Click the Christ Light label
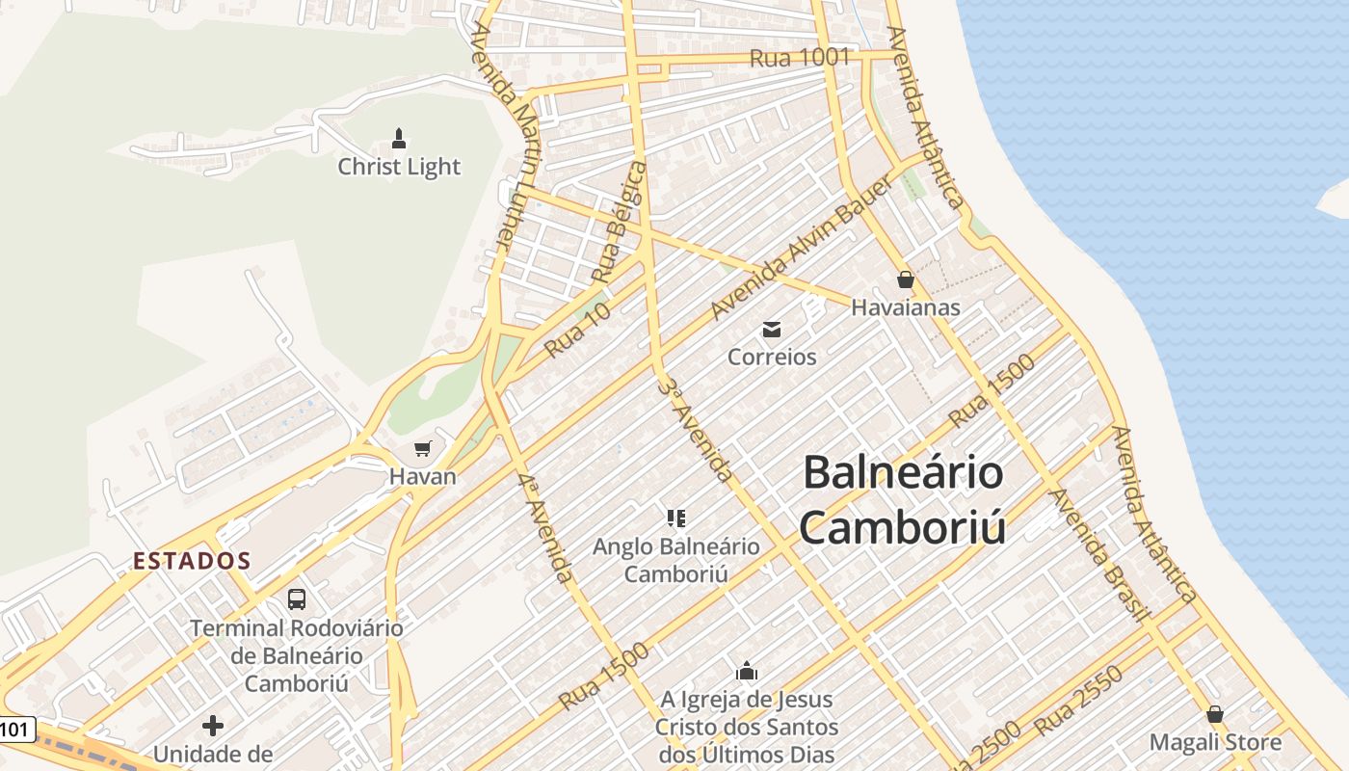pyautogui.click(x=399, y=167)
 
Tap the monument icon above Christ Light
pyautogui.click(x=399, y=139)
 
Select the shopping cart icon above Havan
pyautogui.click(x=422, y=448)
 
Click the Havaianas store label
pyautogui.click(x=906, y=307)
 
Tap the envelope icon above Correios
pyautogui.click(x=772, y=330)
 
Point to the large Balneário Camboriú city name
pyautogui.click(x=903, y=500)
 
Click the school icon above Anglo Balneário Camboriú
pyautogui.click(x=676, y=518)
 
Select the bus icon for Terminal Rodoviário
pyautogui.click(x=297, y=599)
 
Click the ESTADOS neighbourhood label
pyautogui.click(x=192, y=561)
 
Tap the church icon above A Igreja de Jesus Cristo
pyautogui.click(x=747, y=671)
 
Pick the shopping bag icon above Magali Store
pyautogui.click(x=1215, y=714)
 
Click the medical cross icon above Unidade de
pyautogui.click(x=213, y=725)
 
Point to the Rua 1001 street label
pyautogui.click(x=800, y=58)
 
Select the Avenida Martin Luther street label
pyautogui.click(x=505, y=135)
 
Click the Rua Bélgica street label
pyautogui.click(x=619, y=223)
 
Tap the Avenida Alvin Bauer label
pyautogui.click(x=788, y=261)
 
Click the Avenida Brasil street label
pyautogui.click(x=1100, y=554)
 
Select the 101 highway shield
pyautogui.click(x=16, y=730)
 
